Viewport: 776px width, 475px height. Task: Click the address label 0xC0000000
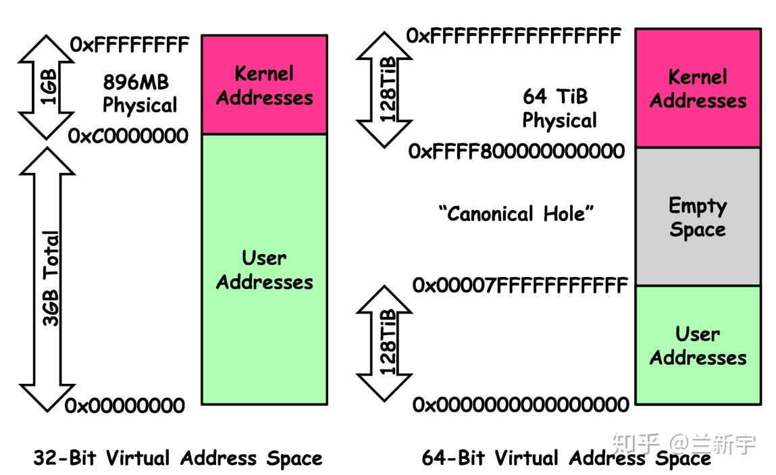coord(128,136)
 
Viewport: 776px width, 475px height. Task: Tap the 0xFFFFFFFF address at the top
coord(130,45)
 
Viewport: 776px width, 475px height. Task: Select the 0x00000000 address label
coord(125,406)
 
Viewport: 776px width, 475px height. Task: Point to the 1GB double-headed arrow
coord(48,87)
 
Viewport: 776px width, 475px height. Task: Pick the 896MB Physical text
coord(139,93)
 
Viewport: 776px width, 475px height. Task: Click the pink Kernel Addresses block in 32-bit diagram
coord(264,85)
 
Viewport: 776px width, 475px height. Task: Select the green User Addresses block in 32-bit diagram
coord(264,270)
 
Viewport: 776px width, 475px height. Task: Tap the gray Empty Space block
coord(698,217)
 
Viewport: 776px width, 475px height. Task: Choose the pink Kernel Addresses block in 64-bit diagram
coord(698,89)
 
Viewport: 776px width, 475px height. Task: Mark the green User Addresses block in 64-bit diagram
coord(698,345)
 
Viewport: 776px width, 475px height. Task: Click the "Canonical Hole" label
coord(517,214)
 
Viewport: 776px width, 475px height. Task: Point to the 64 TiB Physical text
coord(559,108)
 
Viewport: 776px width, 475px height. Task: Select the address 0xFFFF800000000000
coord(517,151)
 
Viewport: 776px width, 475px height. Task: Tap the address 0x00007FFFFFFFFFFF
coord(520,286)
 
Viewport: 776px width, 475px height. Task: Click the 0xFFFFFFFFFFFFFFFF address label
coord(513,36)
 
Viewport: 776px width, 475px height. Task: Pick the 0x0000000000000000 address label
coord(521,405)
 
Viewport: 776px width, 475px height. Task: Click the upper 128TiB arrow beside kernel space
coord(385,89)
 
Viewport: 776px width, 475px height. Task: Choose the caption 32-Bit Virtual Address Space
coord(178,459)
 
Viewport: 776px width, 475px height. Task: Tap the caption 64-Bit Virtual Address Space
coord(566,459)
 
